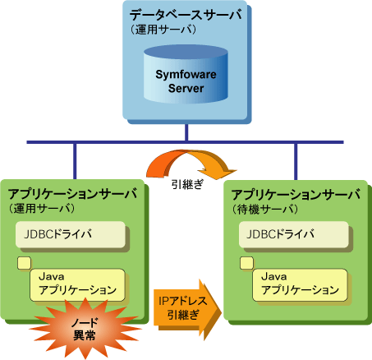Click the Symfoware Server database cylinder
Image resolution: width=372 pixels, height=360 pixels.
click(x=186, y=74)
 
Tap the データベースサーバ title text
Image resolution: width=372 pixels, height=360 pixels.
click(x=186, y=15)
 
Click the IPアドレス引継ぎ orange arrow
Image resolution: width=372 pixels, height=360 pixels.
click(x=188, y=310)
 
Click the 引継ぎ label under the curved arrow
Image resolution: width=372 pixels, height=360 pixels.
click(x=187, y=184)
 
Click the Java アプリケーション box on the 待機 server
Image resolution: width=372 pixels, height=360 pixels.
click(x=300, y=285)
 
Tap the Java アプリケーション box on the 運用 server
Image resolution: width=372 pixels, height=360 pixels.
click(x=77, y=285)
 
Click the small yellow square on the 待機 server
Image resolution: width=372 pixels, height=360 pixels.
click(x=246, y=263)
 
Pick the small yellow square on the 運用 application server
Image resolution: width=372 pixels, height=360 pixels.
click(x=24, y=263)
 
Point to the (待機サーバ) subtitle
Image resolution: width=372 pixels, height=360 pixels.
click(x=265, y=210)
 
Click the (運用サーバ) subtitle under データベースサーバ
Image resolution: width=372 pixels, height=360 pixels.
click(x=163, y=30)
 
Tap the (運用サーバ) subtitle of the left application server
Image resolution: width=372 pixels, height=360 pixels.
click(x=42, y=209)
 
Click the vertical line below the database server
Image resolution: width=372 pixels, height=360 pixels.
click(x=186, y=132)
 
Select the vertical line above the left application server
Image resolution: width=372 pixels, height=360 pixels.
click(x=75, y=161)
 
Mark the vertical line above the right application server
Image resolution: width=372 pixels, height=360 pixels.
click(x=296, y=162)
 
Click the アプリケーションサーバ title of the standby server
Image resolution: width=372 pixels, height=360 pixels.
click(x=296, y=195)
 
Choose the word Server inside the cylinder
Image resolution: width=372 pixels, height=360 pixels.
click(x=186, y=88)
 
